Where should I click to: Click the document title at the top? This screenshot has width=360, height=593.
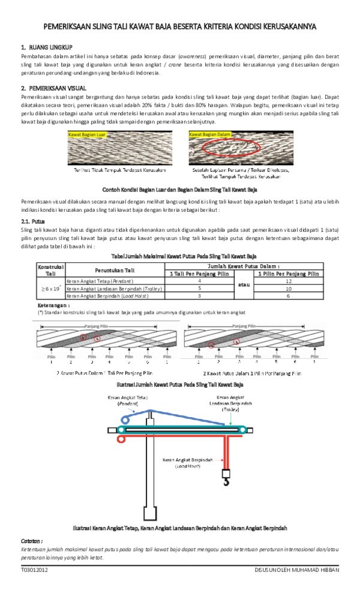(x=180, y=27)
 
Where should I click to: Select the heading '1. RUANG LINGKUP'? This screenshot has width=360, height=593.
(x=47, y=47)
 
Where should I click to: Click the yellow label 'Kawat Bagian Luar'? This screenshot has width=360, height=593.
(x=87, y=135)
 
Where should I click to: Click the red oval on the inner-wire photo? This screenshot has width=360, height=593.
(x=231, y=148)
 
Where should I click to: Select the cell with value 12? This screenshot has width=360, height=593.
(x=289, y=280)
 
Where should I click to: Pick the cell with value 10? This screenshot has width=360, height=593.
(x=289, y=288)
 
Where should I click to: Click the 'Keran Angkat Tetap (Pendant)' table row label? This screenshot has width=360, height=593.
(x=100, y=280)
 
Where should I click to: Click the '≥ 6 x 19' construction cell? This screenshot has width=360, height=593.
(x=50, y=288)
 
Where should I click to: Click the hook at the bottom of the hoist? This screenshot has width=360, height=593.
(x=226, y=479)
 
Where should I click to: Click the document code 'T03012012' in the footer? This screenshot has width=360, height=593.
(x=34, y=570)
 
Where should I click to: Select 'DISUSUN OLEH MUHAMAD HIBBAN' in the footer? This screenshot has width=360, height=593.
(x=297, y=570)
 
